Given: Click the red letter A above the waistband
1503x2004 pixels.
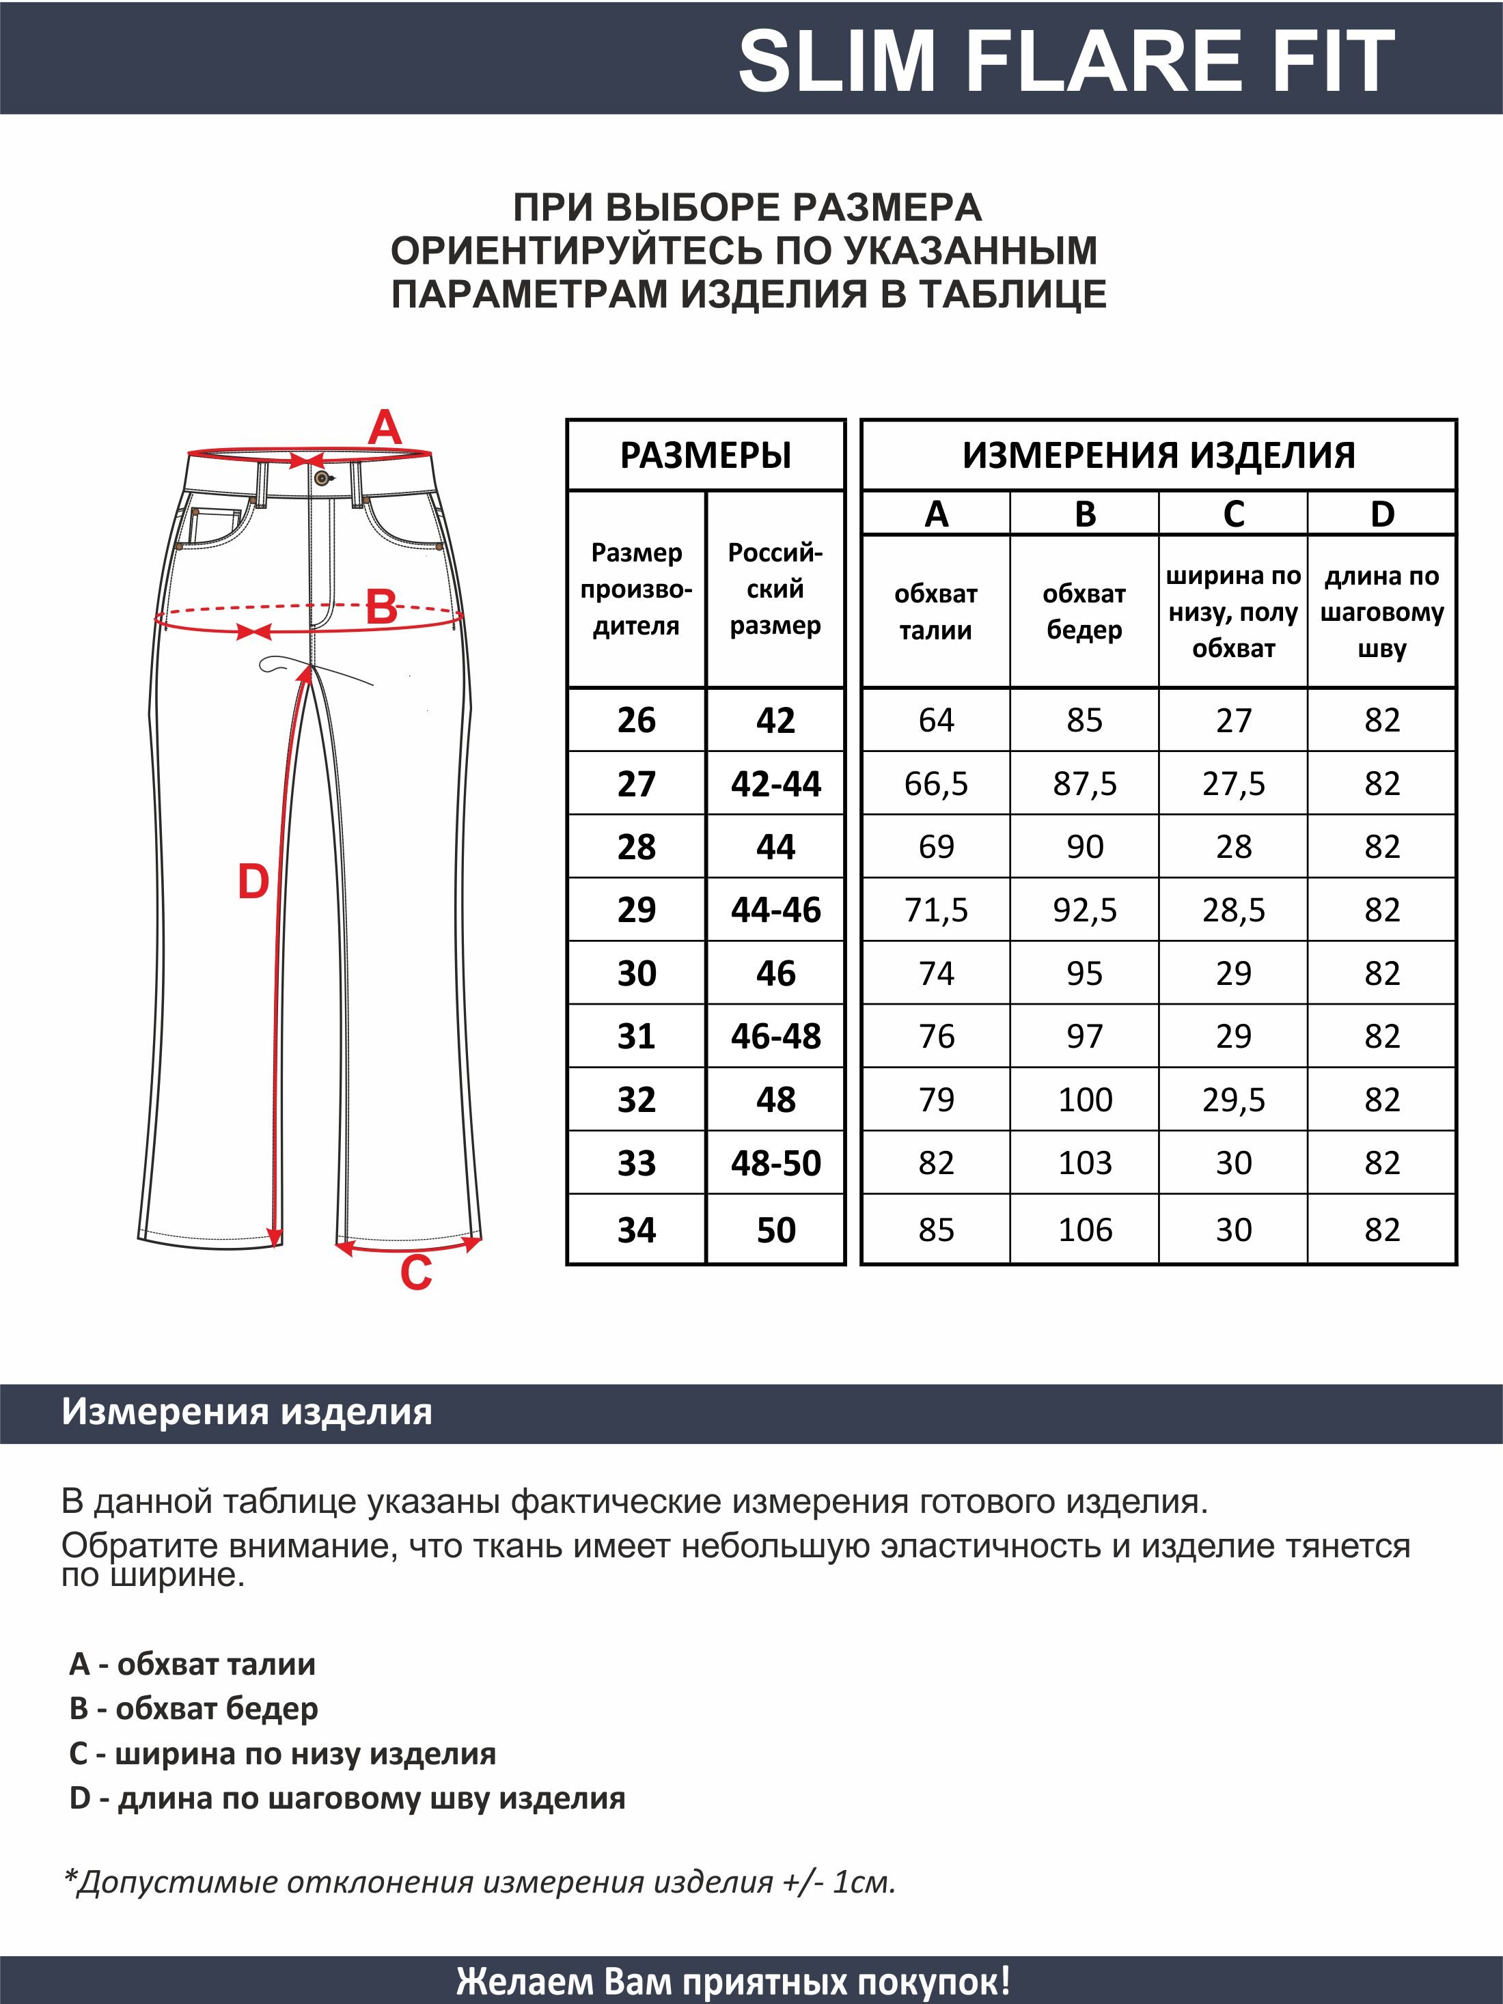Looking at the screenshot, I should pos(384,427).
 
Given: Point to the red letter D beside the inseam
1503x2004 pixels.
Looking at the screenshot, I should pos(253,882).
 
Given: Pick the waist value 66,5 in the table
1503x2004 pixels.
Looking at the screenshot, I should pos(936,783).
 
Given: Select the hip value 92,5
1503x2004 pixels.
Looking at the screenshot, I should pos(1084,910).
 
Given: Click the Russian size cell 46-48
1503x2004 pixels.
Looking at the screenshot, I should pos(775,1035).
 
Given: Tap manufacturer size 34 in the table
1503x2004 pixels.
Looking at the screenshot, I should pos(636,1229).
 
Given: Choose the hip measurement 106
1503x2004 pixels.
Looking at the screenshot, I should pos(1084,1229).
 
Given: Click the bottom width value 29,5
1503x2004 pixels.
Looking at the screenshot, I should pos(1233,1099).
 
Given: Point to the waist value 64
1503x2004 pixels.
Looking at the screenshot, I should pos(936,720).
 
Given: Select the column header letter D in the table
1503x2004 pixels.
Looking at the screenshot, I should pos(1381,514).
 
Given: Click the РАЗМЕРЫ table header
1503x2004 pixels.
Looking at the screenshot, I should pos(706,455).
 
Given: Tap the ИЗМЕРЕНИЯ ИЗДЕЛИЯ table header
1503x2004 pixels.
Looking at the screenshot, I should pos(1159,455).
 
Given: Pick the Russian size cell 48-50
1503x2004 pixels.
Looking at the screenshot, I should pos(775,1163).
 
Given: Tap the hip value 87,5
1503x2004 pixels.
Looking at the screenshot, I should pos(1084,783).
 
